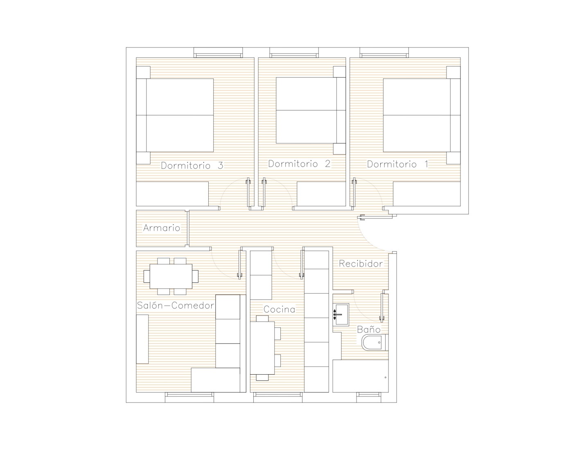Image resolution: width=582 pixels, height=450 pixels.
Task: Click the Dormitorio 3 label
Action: (x=192, y=165)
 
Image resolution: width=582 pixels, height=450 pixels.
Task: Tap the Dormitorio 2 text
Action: (x=299, y=164)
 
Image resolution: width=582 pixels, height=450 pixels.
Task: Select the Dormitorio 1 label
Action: (x=398, y=164)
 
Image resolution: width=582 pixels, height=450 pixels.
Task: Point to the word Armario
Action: (x=162, y=228)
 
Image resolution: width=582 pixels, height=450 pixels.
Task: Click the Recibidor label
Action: (x=361, y=264)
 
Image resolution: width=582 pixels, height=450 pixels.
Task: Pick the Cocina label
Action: (x=280, y=309)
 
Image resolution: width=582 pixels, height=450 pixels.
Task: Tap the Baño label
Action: (x=369, y=329)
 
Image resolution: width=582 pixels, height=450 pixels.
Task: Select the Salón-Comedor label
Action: (x=176, y=306)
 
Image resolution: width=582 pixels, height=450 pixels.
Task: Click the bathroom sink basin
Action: (x=341, y=315)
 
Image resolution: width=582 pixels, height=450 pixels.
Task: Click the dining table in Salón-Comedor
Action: (x=171, y=276)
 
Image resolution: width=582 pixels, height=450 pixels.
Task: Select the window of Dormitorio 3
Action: (x=218, y=53)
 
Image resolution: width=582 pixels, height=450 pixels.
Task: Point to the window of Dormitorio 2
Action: (x=294, y=53)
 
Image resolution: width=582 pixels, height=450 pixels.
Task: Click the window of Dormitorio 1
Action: (x=384, y=53)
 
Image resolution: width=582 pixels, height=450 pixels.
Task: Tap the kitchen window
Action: (x=278, y=397)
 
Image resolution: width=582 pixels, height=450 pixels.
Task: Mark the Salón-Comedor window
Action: (x=189, y=397)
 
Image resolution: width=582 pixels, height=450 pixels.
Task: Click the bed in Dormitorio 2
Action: (x=311, y=110)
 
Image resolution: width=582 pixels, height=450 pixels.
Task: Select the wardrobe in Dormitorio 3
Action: (x=172, y=194)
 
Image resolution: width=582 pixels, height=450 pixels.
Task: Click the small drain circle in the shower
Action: (x=386, y=378)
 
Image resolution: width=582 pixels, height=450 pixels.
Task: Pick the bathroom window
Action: (x=368, y=397)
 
